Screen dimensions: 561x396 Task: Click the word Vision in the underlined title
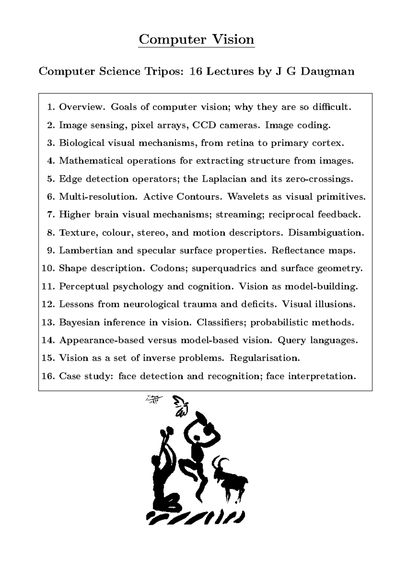pyautogui.click(x=233, y=39)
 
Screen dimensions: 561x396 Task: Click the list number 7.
pyautogui.click(x=50, y=215)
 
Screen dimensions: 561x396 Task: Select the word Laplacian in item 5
pyautogui.click(x=224, y=179)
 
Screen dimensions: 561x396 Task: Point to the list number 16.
pyautogui.click(x=48, y=376)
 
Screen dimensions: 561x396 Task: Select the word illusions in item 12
pyautogui.click(x=337, y=304)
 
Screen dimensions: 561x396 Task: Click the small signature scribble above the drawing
pyautogui.click(x=154, y=399)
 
